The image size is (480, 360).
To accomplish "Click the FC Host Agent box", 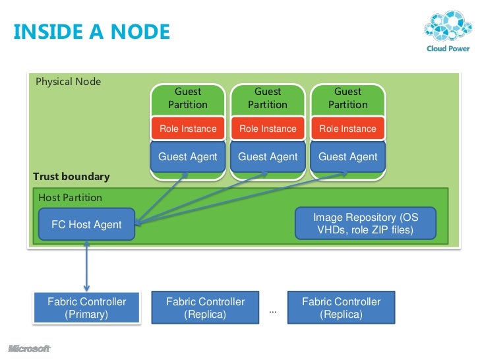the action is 86,224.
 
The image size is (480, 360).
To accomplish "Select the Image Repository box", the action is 365,224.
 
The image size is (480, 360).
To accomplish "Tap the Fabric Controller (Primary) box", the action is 86,308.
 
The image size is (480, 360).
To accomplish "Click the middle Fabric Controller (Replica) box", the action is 205,308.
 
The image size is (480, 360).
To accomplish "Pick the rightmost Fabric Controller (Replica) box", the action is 342,308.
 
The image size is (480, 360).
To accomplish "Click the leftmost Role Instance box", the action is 188,129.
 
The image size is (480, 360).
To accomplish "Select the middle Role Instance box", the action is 268,129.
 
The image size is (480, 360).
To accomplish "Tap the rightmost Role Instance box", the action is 347,129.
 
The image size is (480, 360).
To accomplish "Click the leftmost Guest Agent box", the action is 188,156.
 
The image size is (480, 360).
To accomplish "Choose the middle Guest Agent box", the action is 268,156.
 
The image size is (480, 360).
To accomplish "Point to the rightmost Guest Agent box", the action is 347,156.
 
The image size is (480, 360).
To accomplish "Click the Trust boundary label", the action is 71,177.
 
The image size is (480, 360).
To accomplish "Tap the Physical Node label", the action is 69,82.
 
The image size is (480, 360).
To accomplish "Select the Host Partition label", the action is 70,198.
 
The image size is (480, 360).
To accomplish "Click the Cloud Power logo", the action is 448,31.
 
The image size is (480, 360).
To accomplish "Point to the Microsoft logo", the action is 30,348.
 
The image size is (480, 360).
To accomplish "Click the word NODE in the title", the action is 140,32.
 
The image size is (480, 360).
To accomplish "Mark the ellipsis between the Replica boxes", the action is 273,313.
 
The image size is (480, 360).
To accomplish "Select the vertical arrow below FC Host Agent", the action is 86,266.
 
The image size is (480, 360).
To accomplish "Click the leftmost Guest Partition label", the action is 188,98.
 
